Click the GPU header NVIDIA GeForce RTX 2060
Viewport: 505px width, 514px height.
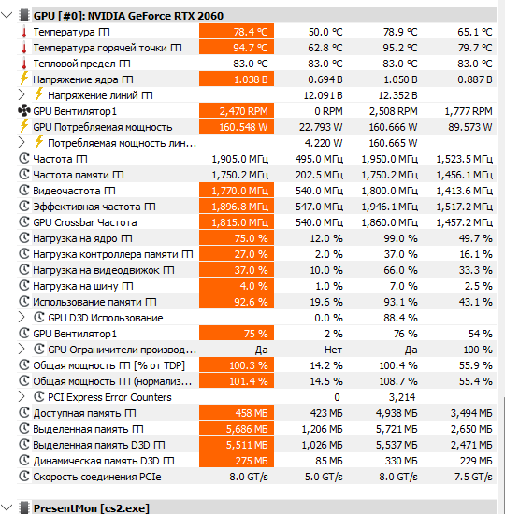click(x=128, y=16)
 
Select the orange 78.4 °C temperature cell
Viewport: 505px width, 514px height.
click(x=237, y=32)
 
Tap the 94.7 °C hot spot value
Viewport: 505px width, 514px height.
click(x=237, y=48)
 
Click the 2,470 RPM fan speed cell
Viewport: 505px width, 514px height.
click(x=237, y=111)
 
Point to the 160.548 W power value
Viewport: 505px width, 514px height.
click(x=237, y=127)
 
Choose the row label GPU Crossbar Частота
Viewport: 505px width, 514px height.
click(x=85, y=222)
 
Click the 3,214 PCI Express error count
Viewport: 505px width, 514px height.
click(x=402, y=397)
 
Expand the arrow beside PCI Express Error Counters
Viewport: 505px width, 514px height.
click(x=22, y=397)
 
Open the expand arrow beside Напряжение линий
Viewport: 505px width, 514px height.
click(x=22, y=95)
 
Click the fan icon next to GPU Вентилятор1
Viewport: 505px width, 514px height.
click(x=24, y=111)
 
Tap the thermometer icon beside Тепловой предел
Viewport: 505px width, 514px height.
click(x=24, y=64)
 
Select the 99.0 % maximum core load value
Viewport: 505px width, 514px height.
click(x=400, y=238)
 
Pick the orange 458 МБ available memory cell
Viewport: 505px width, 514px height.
click(x=237, y=413)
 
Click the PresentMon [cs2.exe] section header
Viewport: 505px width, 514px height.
click(x=92, y=508)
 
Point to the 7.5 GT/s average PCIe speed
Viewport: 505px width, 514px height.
click(x=473, y=477)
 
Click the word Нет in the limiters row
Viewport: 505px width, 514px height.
click(x=333, y=350)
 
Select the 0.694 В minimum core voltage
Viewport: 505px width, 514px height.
click(x=325, y=79)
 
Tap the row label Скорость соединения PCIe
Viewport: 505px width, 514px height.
click(x=97, y=477)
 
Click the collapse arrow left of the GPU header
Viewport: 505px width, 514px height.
click(x=7, y=15)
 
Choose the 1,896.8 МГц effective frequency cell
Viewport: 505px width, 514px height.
click(x=237, y=207)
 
